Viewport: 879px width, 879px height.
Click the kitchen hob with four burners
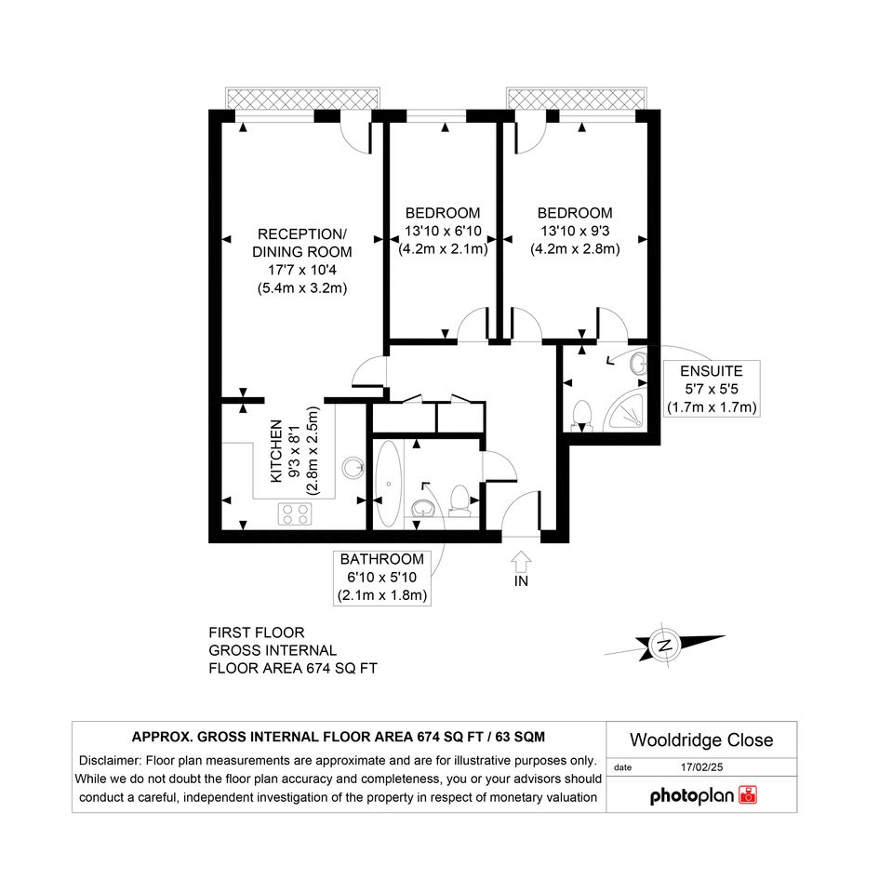pos(295,513)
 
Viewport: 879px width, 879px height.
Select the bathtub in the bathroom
pos(388,484)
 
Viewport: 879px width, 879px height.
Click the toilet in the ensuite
pos(582,416)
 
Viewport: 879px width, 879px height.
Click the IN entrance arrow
pos(521,561)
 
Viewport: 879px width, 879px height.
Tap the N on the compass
pos(665,645)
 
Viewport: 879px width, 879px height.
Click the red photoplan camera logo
pos(748,795)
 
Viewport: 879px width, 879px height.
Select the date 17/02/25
pos(702,766)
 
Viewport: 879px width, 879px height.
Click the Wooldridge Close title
pos(701,740)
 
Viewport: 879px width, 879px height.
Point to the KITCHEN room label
pos(276,451)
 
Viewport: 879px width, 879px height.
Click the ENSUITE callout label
pos(712,371)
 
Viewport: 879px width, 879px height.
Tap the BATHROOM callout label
pos(381,559)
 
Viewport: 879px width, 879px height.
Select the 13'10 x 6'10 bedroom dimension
pos(443,231)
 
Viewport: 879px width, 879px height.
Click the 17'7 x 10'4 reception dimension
pos(302,270)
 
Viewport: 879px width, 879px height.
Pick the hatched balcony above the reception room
pos(302,100)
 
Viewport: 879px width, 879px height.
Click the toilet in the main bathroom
pos(459,500)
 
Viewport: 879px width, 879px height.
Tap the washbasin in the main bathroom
pos(422,510)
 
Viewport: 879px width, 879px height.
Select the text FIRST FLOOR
pos(256,633)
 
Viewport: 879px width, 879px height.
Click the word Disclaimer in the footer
pos(110,761)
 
